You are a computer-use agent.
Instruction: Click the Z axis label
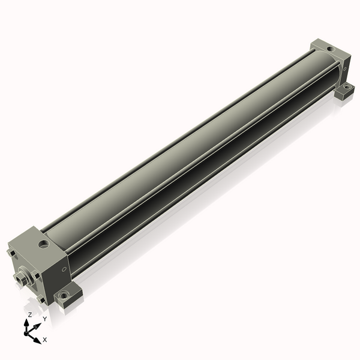30,315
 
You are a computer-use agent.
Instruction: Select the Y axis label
45,319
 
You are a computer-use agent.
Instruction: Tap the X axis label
45,340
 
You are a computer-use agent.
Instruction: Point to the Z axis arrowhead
26,323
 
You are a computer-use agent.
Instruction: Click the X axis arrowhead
37,340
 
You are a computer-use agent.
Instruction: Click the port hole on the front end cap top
44,244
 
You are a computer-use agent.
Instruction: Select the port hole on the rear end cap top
331,49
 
